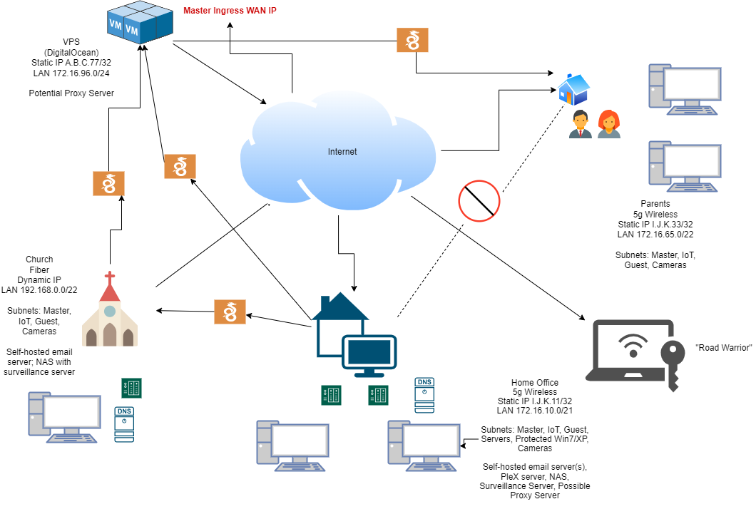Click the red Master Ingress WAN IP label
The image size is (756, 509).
tap(230, 11)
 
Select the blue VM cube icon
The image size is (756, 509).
tap(140, 23)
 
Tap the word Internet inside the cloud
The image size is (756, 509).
tap(342, 152)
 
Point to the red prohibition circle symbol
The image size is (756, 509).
tap(479, 200)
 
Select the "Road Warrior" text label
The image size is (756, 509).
tap(723, 347)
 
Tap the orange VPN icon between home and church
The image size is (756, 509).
tap(230, 312)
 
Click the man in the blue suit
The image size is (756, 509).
tap(581, 124)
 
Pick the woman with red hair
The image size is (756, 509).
tap(608, 124)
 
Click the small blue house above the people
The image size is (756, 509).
tap(573, 89)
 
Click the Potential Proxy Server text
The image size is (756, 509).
tap(71, 93)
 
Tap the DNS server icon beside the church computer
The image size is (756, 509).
tap(124, 423)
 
